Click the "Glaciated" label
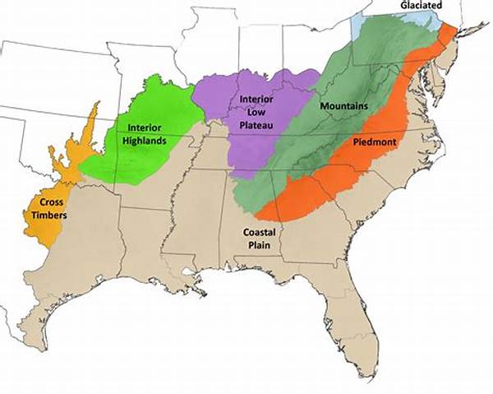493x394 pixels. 426,6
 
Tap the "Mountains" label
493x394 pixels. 344,107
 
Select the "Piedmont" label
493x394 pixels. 376,142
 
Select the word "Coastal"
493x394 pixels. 260,232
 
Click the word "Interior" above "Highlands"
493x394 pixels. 144,127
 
